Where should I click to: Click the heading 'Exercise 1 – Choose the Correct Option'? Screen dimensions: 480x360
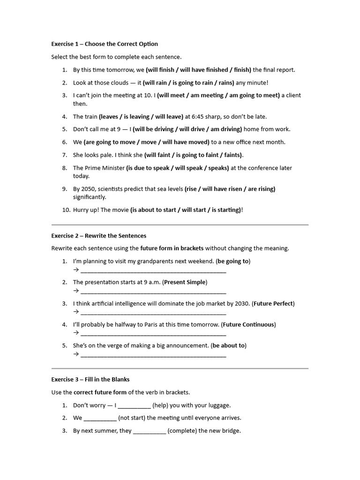[105, 44]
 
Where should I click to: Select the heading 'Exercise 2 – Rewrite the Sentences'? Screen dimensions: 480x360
[99, 236]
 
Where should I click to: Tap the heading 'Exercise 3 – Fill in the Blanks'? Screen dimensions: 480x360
[90, 379]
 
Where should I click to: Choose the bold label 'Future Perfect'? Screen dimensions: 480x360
[273, 303]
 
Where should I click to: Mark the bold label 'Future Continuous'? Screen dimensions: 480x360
[249, 324]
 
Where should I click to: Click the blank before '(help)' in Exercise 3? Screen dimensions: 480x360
[134, 406]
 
